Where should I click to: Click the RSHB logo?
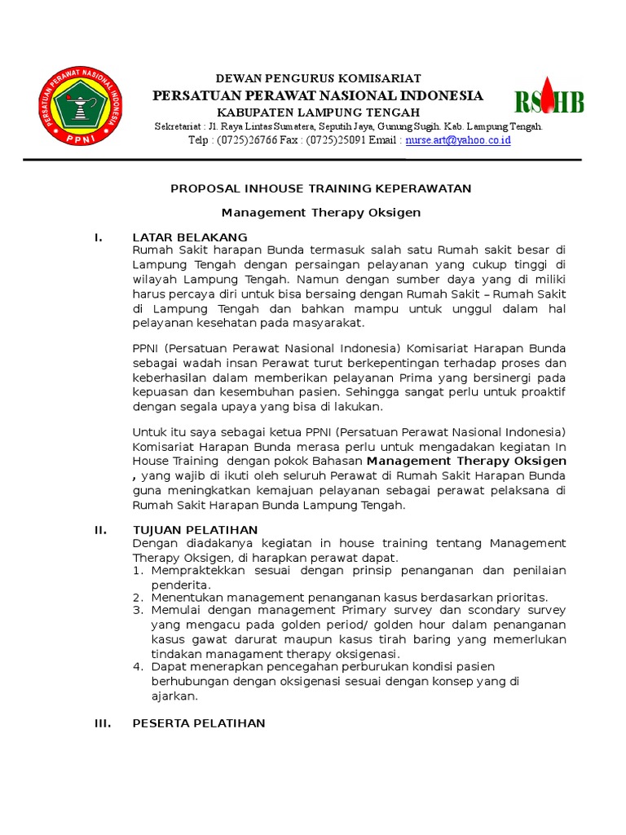point(549,101)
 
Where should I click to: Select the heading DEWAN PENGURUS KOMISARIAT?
point(318,78)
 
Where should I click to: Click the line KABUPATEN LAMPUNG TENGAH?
point(318,112)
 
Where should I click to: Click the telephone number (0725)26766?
point(247,140)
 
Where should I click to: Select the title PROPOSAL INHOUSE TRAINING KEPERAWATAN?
point(320,188)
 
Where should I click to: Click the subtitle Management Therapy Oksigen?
point(320,213)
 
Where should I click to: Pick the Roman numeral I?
point(98,237)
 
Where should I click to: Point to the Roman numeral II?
point(100,530)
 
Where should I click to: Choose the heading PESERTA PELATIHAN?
point(199,723)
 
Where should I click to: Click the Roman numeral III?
point(102,723)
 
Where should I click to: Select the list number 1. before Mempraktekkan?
point(138,571)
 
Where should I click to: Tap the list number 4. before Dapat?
point(138,667)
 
